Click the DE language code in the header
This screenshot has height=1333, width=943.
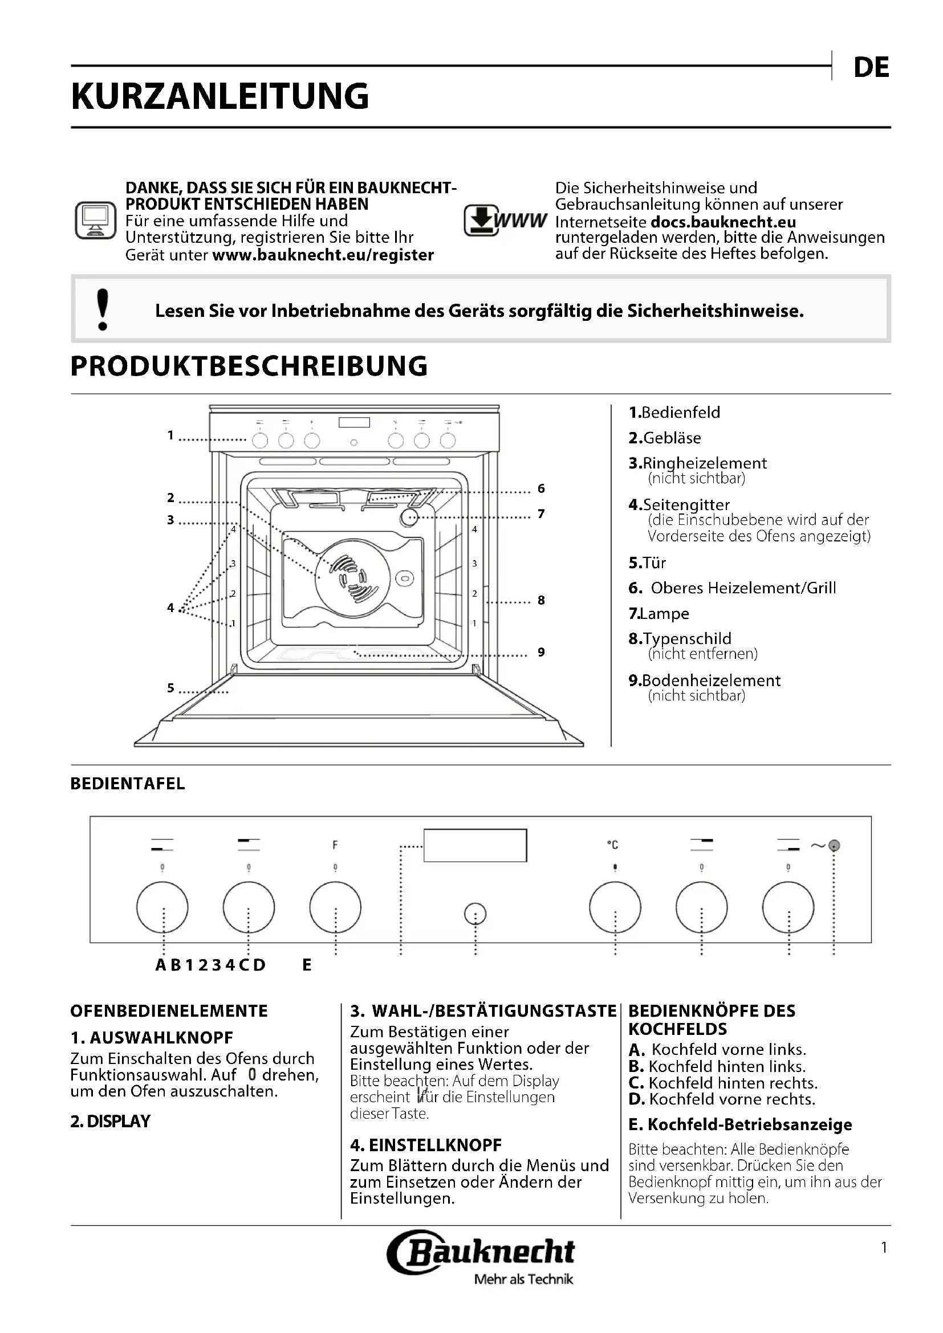click(x=871, y=68)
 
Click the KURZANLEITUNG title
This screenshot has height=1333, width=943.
click(x=220, y=96)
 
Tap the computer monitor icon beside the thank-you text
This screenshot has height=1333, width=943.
click(x=95, y=221)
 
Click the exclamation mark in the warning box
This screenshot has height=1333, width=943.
click(x=103, y=309)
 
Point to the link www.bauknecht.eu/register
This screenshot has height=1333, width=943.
click(x=323, y=255)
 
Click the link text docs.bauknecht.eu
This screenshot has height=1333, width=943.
click(x=723, y=222)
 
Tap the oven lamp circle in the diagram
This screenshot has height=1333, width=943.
click(x=409, y=518)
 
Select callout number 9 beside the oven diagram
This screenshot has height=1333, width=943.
click(x=541, y=652)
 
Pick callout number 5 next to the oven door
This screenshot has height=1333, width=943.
click(x=170, y=688)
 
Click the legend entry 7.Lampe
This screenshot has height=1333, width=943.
click(x=659, y=614)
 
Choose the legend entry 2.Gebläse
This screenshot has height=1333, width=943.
click(x=664, y=438)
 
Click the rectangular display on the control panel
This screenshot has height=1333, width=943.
click(x=475, y=845)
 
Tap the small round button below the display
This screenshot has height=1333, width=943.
click(x=475, y=914)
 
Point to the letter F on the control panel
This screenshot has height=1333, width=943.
click(x=335, y=845)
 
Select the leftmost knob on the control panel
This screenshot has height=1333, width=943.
click(x=162, y=907)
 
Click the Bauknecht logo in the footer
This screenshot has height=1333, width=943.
click(x=481, y=1253)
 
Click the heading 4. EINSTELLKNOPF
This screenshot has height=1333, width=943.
click(x=426, y=1145)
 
